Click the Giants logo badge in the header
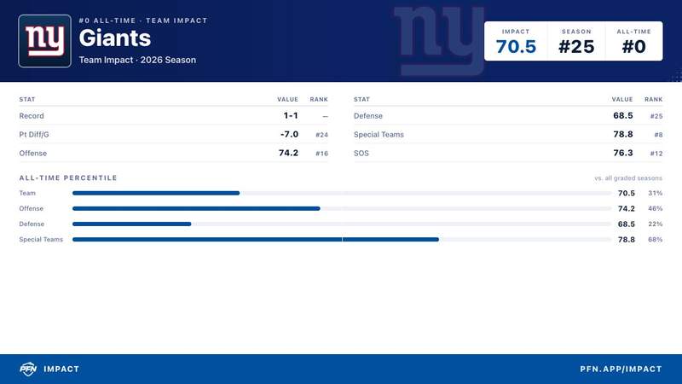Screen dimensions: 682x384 point(45,41)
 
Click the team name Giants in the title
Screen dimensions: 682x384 point(115,38)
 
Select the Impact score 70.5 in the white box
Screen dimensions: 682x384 point(516,47)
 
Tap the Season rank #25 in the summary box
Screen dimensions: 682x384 point(576,47)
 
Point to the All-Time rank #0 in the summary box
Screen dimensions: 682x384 point(633,47)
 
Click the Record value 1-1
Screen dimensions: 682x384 point(291,115)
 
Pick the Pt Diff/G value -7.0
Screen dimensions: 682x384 point(289,134)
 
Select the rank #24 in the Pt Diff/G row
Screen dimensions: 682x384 point(322,135)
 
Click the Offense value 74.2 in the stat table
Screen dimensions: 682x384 point(288,153)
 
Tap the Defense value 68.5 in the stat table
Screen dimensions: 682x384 point(623,115)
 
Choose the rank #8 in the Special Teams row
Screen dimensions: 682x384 point(658,135)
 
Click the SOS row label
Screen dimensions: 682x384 point(361,154)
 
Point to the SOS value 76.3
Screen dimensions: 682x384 point(623,153)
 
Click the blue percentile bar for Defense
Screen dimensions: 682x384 point(132,224)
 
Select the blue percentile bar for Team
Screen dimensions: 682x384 point(156,193)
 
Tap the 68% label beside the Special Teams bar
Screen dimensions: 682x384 point(655,240)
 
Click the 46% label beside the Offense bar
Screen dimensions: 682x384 point(655,208)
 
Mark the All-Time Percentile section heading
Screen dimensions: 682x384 point(68,177)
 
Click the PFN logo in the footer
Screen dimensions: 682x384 point(28,369)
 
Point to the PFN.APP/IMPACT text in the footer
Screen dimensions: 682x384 point(621,369)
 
